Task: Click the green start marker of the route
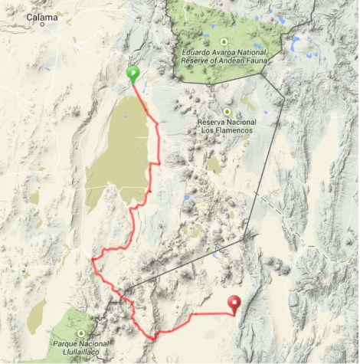133,74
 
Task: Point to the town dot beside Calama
44,24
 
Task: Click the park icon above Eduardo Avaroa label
224,41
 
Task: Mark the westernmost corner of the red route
92,260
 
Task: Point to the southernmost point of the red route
154,336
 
